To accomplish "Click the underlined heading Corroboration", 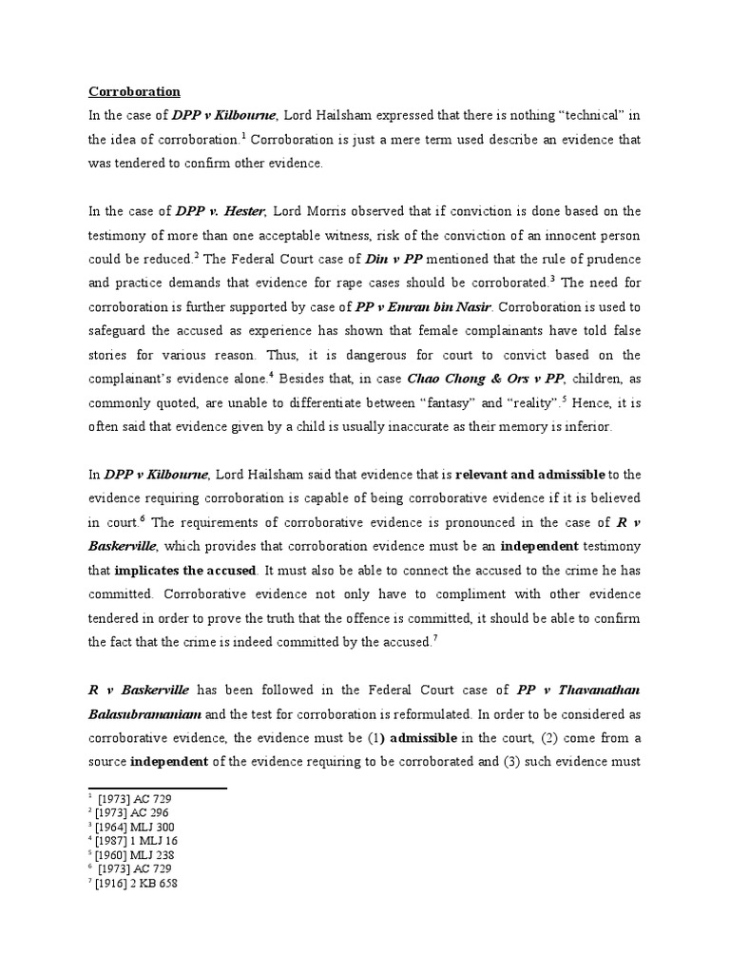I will coord(134,92).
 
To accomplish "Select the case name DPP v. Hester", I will coord(219,211).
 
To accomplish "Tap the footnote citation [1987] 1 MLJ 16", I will coord(137,841).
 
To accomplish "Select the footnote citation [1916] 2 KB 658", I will coord(137,883).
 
